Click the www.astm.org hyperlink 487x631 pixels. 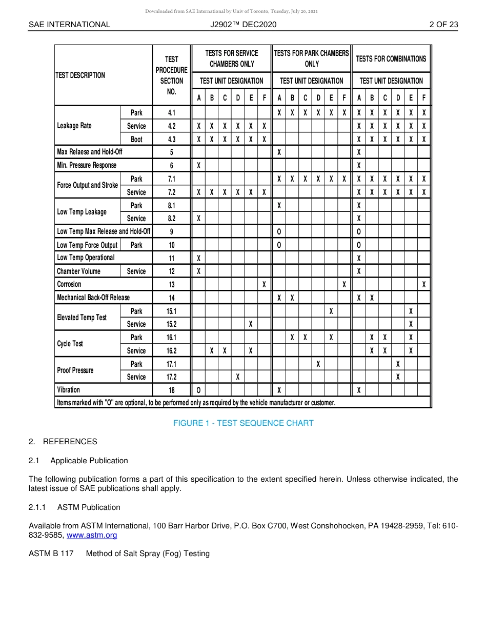[x=92, y=535]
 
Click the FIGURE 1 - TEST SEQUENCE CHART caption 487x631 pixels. [x=243, y=423]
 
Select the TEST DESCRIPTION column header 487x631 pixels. [x=80, y=75]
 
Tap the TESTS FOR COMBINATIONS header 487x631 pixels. [x=391, y=59]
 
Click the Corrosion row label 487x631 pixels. [x=69, y=284]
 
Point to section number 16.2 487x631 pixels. [x=171, y=351]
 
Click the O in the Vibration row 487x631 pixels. [x=198, y=390]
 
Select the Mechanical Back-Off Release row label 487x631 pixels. [x=93, y=298]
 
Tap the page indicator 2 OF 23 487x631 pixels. [x=443, y=24]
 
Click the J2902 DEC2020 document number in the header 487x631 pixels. [x=243, y=24]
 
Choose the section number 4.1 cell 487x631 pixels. [x=171, y=113]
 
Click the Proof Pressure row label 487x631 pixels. [x=75, y=370]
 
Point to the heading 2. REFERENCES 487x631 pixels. [x=63, y=442]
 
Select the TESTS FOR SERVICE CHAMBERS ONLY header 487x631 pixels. [x=231, y=58]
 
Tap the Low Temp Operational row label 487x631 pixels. [x=85, y=258]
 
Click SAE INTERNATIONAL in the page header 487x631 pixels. [x=69, y=24]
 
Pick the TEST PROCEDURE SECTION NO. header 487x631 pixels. [x=171, y=75]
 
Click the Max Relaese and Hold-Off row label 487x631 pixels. [x=89, y=152]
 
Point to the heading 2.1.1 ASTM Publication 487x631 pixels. [x=74, y=507]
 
